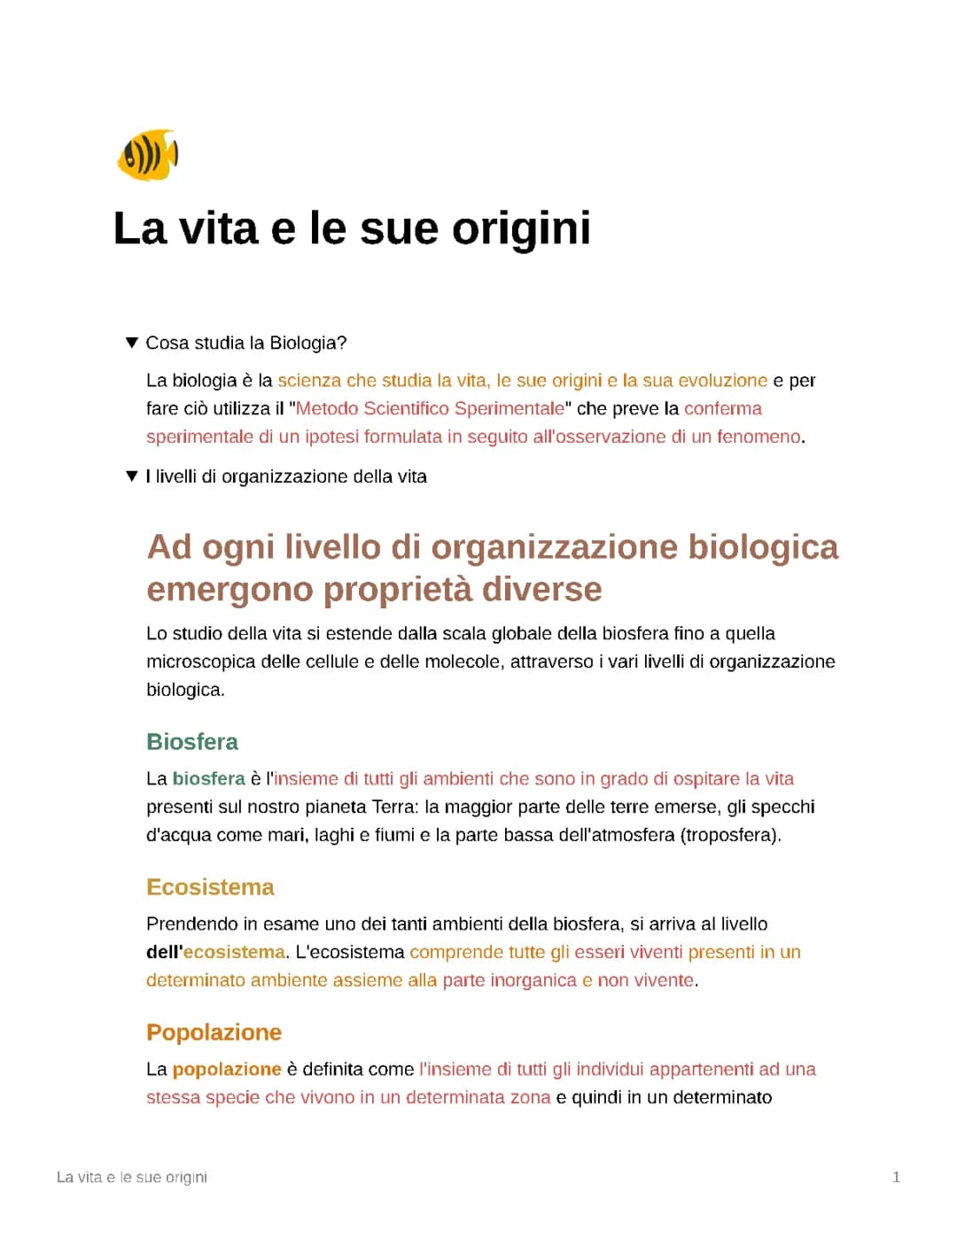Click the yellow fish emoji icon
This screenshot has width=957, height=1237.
click(x=148, y=155)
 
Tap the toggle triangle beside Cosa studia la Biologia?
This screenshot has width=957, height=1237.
click(x=132, y=343)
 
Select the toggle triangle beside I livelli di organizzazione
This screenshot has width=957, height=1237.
click(x=132, y=476)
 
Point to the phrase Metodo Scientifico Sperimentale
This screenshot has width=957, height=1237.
click(x=430, y=408)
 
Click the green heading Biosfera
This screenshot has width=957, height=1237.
click(x=192, y=742)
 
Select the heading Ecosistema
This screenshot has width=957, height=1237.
click(x=210, y=887)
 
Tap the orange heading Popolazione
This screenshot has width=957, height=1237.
click(x=214, y=1032)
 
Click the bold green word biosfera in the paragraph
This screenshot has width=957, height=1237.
click(x=208, y=778)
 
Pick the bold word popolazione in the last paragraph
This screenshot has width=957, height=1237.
click(x=227, y=1069)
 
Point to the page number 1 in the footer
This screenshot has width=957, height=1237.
click(x=896, y=1177)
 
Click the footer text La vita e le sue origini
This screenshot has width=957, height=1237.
click(x=132, y=1177)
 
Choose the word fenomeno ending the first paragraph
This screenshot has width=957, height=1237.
click(x=759, y=437)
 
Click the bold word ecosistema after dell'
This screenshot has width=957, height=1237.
click(x=234, y=952)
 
